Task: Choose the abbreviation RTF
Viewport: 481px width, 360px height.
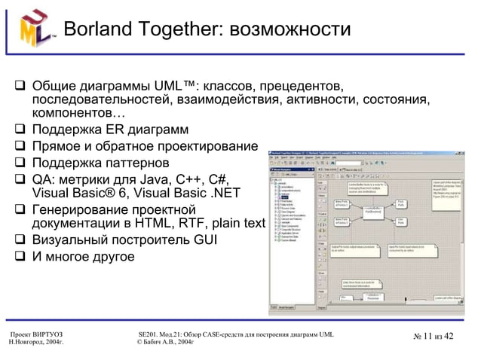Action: (x=200, y=224)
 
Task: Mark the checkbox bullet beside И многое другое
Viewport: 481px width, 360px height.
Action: (x=20, y=257)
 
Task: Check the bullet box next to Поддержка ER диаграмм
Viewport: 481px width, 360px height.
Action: (x=20, y=130)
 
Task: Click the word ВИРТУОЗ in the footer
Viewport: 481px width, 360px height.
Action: (x=44, y=334)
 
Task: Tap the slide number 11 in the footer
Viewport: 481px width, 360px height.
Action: (x=428, y=336)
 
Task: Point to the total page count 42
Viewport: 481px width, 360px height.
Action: (x=451, y=336)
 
